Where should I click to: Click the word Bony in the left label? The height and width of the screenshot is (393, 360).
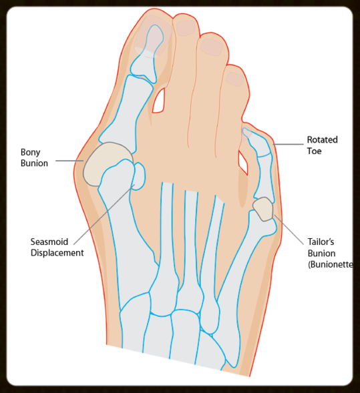pos(30,152)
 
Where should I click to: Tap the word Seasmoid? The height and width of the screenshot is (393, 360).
pos(49,242)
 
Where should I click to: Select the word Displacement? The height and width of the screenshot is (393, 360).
pos(57,253)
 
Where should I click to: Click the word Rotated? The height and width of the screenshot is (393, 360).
pos(323,139)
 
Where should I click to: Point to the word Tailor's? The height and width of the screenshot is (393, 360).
pos(321,242)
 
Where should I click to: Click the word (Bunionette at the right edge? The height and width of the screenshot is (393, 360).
pos(331,264)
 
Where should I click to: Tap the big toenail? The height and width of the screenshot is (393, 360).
pos(153,37)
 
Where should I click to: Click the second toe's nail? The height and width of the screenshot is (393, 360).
pos(186,28)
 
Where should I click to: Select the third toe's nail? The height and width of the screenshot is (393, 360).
pos(212,47)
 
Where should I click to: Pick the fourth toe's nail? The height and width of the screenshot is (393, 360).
pos(235,79)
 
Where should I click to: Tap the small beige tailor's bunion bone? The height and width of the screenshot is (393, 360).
pos(262,209)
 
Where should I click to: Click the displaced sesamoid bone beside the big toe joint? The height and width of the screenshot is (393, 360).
pos(139,176)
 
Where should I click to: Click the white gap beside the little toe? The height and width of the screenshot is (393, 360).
pos(243,163)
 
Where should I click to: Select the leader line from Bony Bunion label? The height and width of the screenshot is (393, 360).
pos(69,161)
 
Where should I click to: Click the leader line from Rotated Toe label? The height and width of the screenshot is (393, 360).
pos(289,144)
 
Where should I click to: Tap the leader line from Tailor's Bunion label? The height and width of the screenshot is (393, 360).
pos(289,230)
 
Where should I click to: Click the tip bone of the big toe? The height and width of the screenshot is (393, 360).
pos(147,53)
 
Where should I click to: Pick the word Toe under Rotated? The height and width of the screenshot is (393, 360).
pos(315,151)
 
